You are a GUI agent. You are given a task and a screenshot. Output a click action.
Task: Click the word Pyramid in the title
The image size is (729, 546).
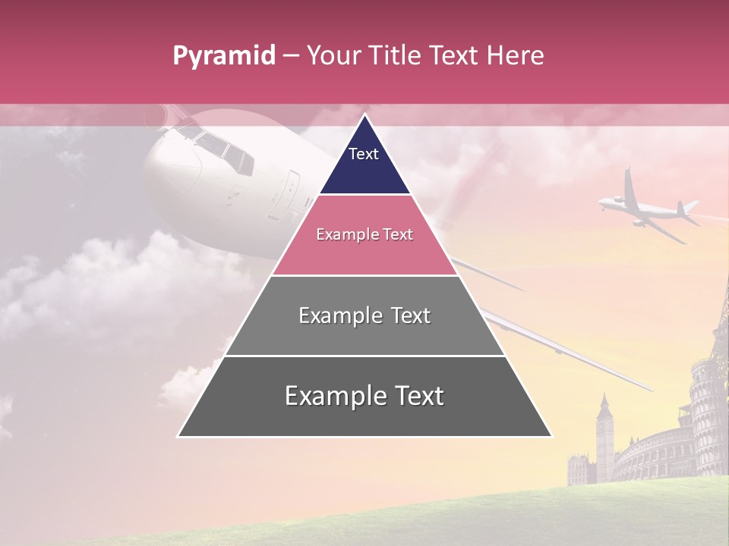[223, 56]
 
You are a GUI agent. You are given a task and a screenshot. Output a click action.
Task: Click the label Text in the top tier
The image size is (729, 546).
[364, 154]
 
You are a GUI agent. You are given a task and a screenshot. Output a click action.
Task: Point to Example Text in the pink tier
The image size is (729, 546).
[364, 234]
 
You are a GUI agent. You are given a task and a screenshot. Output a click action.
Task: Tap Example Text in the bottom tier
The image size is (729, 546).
[364, 396]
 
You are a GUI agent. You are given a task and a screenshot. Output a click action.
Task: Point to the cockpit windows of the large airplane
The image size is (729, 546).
[220, 148]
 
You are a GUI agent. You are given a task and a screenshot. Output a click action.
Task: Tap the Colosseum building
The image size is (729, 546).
[653, 455]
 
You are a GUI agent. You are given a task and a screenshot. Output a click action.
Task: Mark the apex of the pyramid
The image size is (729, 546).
[364, 116]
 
